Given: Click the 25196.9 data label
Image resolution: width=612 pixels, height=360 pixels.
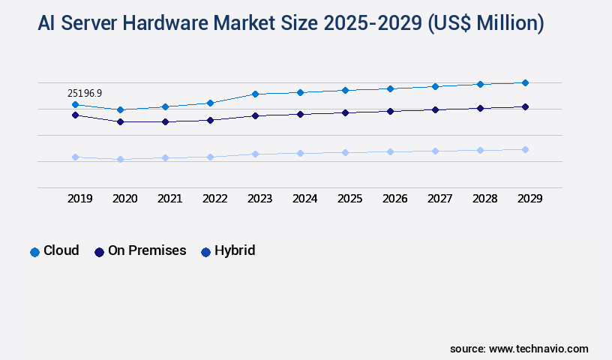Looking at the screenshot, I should [85, 93].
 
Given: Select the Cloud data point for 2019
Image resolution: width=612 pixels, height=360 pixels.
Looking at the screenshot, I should [75, 104].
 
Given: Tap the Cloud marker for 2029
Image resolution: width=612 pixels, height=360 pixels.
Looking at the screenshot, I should [525, 82].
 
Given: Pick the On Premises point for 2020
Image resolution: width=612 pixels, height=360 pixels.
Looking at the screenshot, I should [120, 121].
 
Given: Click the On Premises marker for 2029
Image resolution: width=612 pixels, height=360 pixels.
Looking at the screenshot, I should [525, 106].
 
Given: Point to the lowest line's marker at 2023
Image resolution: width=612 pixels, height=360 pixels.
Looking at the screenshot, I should [255, 154].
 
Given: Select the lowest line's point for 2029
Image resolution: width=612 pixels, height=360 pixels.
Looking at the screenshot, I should [525, 149].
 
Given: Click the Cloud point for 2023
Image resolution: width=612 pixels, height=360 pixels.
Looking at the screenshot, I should [255, 94].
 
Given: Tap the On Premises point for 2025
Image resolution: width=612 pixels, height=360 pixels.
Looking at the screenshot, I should [345, 112].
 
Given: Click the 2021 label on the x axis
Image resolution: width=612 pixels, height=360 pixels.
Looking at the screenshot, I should [169, 199].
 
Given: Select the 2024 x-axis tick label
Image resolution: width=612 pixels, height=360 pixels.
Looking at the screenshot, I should [304, 199].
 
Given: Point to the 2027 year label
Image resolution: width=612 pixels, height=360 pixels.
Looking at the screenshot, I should [439, 199].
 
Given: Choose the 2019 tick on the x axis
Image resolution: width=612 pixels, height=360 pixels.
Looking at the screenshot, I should [79, 199].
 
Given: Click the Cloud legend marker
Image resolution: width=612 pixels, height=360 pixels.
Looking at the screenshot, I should [34, 252].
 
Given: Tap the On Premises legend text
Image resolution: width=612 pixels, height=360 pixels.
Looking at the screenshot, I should [147, 250].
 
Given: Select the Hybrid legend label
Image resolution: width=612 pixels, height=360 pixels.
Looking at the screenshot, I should [235, 250].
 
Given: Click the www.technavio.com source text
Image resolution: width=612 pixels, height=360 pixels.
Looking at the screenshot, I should [538, 349].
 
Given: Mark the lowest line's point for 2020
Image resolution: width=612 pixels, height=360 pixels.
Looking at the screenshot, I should [120, 159].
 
